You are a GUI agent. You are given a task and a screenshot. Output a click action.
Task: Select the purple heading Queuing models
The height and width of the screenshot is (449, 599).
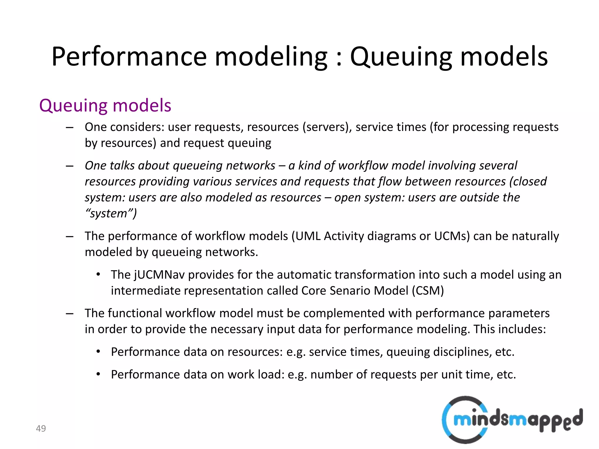click(x=105, y=106)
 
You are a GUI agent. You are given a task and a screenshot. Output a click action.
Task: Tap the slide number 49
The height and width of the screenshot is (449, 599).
click(x=41, y=428)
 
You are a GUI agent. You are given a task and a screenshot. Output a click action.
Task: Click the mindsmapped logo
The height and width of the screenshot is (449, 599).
click(x=512, y=420)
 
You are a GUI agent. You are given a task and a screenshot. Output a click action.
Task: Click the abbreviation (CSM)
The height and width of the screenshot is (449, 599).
click(x=428, y=291)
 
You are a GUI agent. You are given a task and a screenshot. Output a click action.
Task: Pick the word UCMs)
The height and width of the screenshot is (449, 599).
click(x=452, y=236)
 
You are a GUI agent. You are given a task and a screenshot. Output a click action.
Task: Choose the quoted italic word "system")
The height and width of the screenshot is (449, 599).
click(x=111, y=214)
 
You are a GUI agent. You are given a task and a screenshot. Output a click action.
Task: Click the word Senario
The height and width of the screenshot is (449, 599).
click(x=350, y=291)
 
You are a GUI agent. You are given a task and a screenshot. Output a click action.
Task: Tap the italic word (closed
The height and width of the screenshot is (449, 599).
click(x=528, y=182)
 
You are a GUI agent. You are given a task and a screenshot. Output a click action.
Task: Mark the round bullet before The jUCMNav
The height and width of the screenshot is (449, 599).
click(x=98, y=274)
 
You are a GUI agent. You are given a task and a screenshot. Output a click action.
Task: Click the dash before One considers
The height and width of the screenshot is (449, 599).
click(x=70, y=127)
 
